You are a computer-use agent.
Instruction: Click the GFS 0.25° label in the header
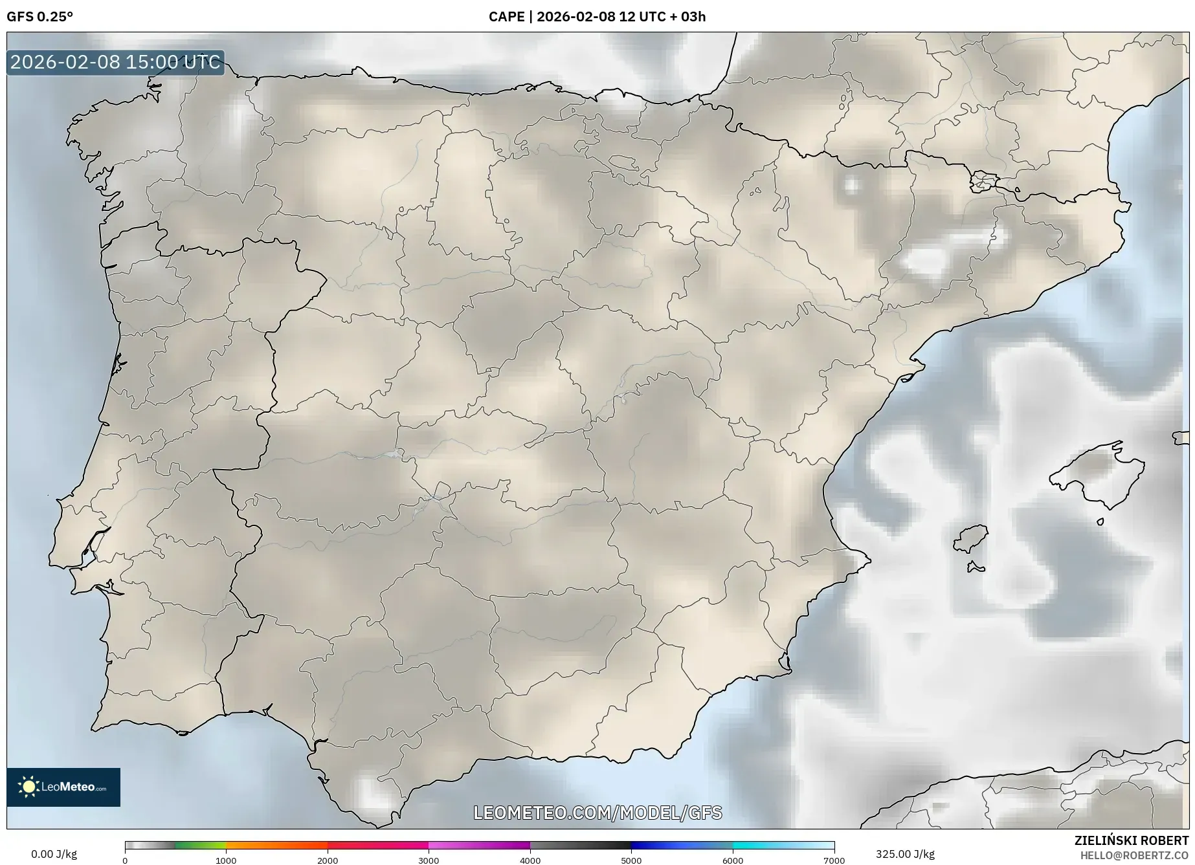click(39, 17)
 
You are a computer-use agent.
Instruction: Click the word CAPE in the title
click(506, 17)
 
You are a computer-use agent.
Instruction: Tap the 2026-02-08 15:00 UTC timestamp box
click(115, 62)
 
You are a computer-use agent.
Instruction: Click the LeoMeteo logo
click(63, 787)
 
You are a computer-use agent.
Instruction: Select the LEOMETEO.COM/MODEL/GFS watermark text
click(597, 813)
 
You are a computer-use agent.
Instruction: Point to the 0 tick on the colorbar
click(125, 860)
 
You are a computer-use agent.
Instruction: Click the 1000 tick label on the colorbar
click(226, 860)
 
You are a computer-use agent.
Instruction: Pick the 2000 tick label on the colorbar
click(328, 860)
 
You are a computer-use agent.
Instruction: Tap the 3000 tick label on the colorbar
click(429, 860)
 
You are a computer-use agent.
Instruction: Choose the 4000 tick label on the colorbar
click(530, 860)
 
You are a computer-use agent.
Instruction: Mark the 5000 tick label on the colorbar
click(631, 860)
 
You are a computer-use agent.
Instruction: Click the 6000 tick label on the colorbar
click(733, 860)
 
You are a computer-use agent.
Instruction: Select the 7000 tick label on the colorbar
click(834, 860)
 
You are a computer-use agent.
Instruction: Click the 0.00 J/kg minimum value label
click(54, 854)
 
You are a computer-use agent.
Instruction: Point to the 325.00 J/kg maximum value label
click(905, 854)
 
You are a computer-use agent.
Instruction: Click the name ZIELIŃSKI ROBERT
click(1131, 840)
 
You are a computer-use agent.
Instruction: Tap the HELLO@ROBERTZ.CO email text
click(1134, 855)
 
